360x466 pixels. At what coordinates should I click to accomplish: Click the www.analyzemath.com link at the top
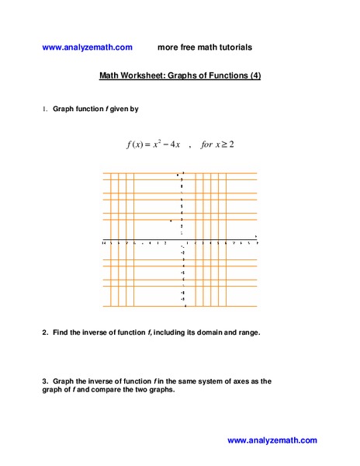pos(88,47)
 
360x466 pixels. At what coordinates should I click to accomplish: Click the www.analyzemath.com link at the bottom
pos(272,440)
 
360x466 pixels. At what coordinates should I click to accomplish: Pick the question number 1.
pos(45,110)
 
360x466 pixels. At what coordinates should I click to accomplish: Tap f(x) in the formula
pos(137,144)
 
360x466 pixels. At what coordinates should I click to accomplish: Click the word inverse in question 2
pos(97,332)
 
